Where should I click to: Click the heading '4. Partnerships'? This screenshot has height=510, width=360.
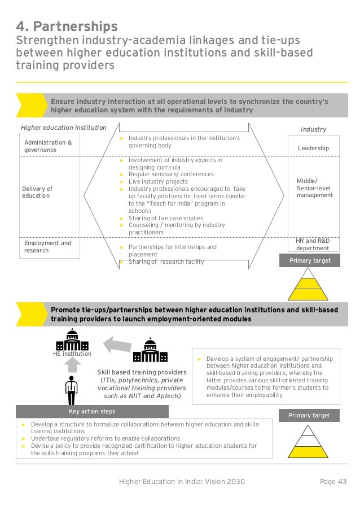[67, 26]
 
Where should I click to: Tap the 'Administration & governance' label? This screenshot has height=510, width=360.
[48, 146]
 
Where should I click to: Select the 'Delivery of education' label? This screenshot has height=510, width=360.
[37, 192]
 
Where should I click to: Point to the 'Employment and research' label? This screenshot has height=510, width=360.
[47, 247]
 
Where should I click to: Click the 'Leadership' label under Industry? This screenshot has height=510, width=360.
[313, 148]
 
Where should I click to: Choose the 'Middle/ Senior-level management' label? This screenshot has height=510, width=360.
[314, 188]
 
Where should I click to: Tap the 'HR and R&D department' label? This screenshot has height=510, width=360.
[313, 244]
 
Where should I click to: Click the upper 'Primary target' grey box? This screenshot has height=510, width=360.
[310, 261]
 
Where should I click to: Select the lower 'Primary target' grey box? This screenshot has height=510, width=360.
[310, 415]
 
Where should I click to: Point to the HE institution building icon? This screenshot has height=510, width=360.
[72, 338]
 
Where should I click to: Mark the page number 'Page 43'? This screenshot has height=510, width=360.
[333, 482]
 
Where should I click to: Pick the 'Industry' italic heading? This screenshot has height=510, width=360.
[313, 129]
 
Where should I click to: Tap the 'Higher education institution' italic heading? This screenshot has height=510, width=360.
[63, 128]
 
